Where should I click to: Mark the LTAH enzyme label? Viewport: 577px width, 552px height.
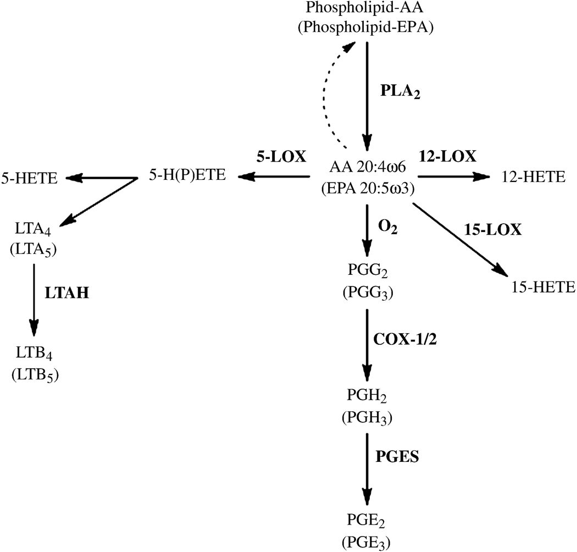tap(68, 294)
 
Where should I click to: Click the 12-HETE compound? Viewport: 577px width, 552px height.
tap(533, 177)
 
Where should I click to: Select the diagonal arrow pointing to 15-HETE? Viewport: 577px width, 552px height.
tap(458, 239)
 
